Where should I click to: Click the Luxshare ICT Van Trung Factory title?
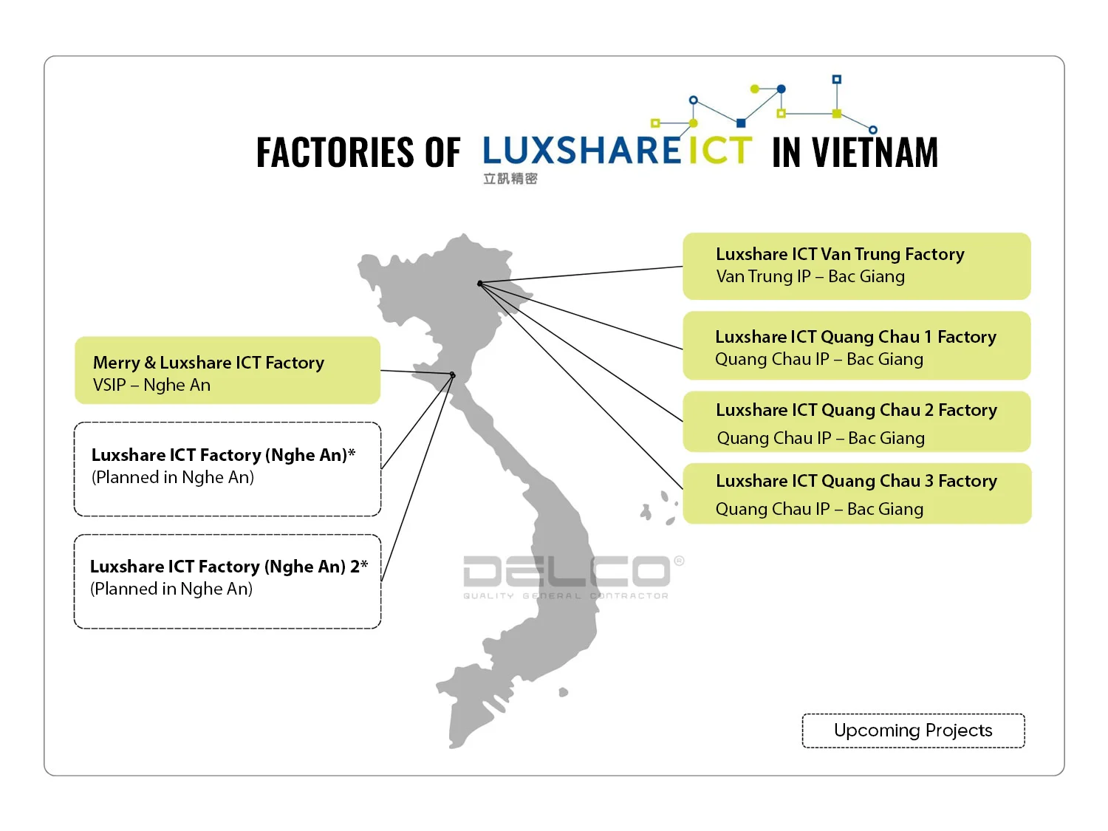(x=840, y=255)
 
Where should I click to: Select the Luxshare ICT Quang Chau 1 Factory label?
(x=855, y=338)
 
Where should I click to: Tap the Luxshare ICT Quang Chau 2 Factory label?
(x=856, y=411)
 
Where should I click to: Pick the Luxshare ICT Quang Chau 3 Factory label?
(x=856, y=482)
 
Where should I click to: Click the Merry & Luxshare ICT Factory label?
(x=208, y=363)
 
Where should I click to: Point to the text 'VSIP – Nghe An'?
(x=151, y=386)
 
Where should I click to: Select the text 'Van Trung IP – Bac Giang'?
(x=810, y=277)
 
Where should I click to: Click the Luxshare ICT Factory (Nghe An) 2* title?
(x=229, y=567)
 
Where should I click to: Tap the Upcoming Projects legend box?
(x=913, y=731)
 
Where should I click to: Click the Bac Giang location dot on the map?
(x=480, y=284)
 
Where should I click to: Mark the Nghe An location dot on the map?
(x=453, y=375)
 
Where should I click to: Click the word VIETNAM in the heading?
(x=875, y=153)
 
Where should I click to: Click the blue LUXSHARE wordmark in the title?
(x=582, y=151)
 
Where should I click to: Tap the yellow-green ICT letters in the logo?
(x=720, y=151)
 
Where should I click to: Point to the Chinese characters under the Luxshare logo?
(x=510, y=179)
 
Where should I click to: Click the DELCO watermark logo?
(x=566, y=572)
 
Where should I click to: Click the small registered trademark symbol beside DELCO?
(x=679, y=561)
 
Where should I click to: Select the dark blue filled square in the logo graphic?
(x=741, y=123)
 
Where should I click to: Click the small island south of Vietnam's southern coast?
(x=564, y=692)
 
